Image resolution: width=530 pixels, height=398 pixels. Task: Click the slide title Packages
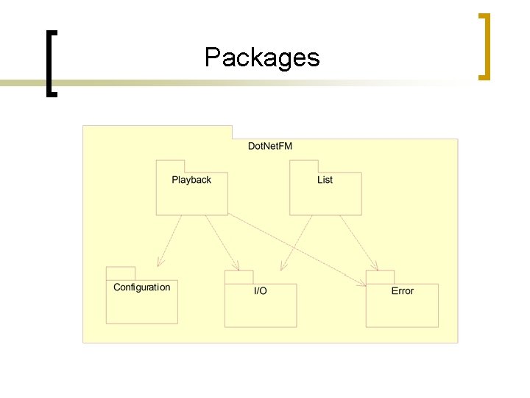[x=262, y=57]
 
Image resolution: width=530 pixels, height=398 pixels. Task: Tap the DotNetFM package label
[x=269, y=146]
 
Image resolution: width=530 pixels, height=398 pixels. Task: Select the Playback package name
[x=191, y=180]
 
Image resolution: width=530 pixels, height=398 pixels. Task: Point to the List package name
[x=325, y=180]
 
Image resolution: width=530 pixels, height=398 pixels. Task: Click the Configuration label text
[x=141, y=287]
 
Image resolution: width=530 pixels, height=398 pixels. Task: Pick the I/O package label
[x=261, y=291]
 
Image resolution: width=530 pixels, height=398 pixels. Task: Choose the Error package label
[x=402, y=291]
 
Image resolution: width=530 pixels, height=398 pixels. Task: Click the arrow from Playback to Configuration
[x=170, y=239]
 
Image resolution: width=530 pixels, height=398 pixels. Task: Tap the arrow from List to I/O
[x=297, y=242]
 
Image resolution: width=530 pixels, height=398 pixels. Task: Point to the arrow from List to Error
[x=358, y=241]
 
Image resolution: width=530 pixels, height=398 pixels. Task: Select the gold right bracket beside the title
[x=484, y=46]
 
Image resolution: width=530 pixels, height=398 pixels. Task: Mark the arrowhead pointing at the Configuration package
[x=159, y=262]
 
